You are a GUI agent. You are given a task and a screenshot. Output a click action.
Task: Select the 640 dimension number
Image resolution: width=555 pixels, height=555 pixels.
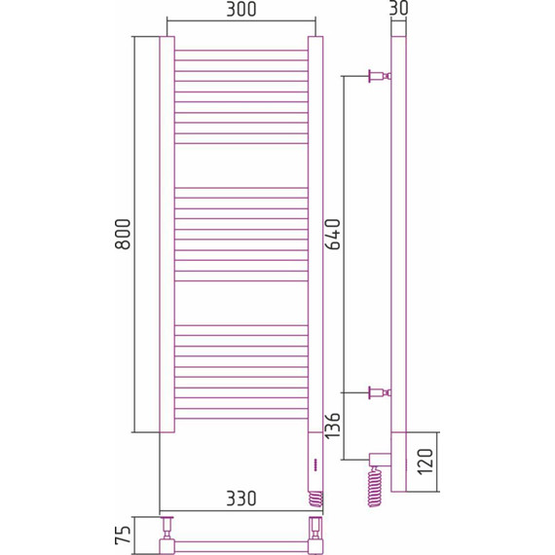[x=334, y=235]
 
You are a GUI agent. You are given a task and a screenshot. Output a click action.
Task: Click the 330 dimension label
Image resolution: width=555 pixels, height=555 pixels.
[x=240, y=499]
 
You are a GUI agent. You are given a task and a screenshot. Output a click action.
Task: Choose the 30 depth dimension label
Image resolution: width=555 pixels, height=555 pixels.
[x=396, y=9]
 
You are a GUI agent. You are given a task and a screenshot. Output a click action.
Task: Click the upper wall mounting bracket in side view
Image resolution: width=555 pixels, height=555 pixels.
[x=378, y=75]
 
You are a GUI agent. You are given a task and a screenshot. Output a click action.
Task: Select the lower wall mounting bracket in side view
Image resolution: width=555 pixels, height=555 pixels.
[x=378, y=393]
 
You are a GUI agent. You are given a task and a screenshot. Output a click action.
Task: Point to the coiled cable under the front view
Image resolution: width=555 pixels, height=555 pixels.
[x=314, y=497]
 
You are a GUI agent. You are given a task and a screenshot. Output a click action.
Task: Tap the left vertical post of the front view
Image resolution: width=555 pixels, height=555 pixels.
[x=166, y=234]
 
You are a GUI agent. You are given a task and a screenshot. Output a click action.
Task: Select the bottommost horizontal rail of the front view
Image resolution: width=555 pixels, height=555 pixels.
[x=240, y=417]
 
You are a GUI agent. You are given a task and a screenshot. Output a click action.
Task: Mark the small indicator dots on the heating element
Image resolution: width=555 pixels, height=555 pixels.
[x=314, y=465]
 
